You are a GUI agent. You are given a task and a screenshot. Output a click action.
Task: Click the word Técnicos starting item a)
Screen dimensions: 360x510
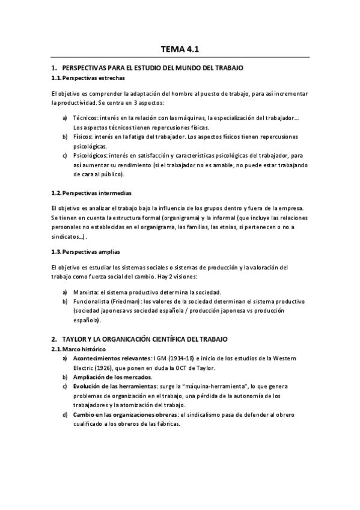(x=85, y=118)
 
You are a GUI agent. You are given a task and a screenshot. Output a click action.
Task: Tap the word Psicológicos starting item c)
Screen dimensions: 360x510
(x=90, y=155)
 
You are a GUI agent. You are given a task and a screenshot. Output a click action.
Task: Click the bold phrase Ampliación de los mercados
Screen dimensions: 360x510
(x=112, y=377)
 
